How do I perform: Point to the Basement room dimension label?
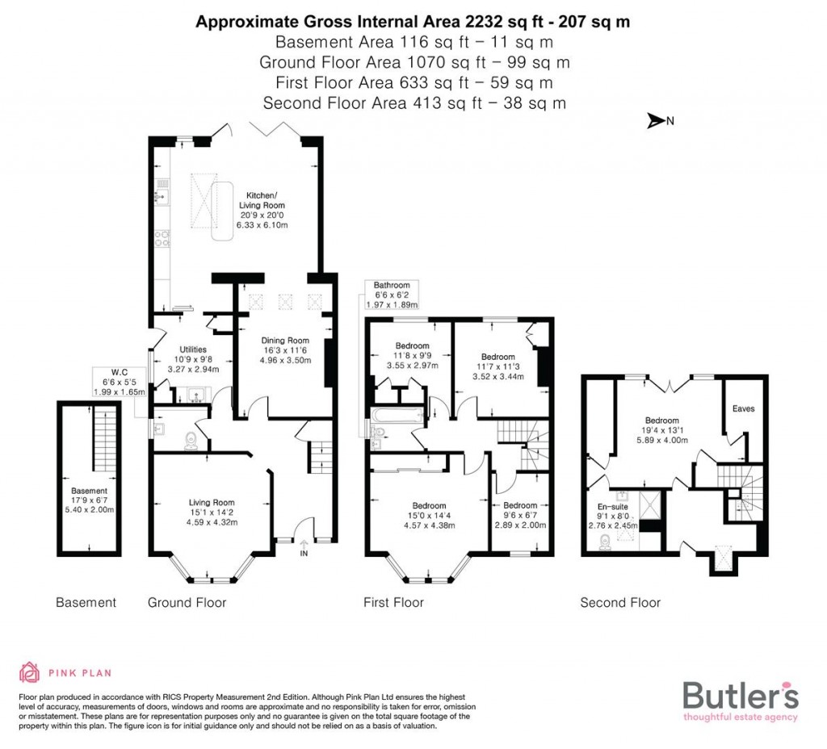point(89,500)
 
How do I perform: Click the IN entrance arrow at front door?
point(304,549)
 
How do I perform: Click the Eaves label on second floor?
point(743,408)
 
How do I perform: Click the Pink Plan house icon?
point(30,672)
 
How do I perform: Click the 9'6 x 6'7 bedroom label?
point(520,514)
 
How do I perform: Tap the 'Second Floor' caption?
point(620,603)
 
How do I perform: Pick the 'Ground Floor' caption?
point(187,603)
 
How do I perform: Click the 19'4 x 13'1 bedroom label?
point(661,430)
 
